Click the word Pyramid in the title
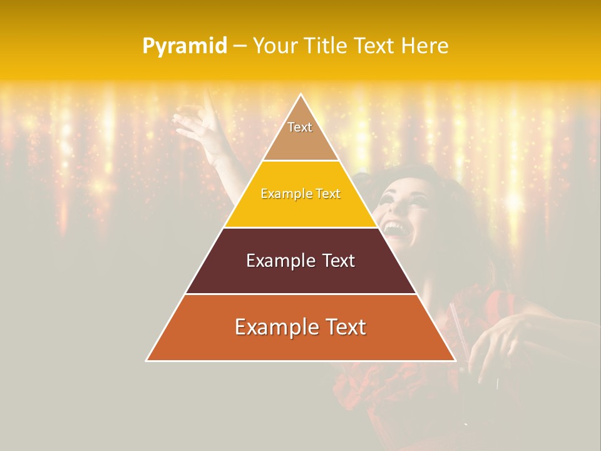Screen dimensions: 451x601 (x=184, y=46)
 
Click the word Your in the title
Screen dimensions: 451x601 (x=275, y=46)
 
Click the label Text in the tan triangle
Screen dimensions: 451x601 (x=300, y=127)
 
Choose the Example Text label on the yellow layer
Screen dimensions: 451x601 (x=300, y=194)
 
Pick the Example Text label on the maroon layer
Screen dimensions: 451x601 (x=300, y=261)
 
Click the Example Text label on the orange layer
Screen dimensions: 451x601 (x=300, y=327)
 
